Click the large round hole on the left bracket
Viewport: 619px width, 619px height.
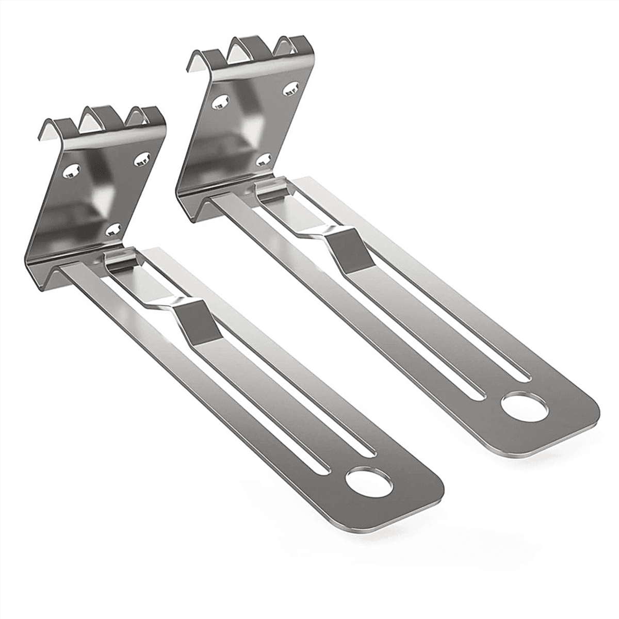coord(369,481)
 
